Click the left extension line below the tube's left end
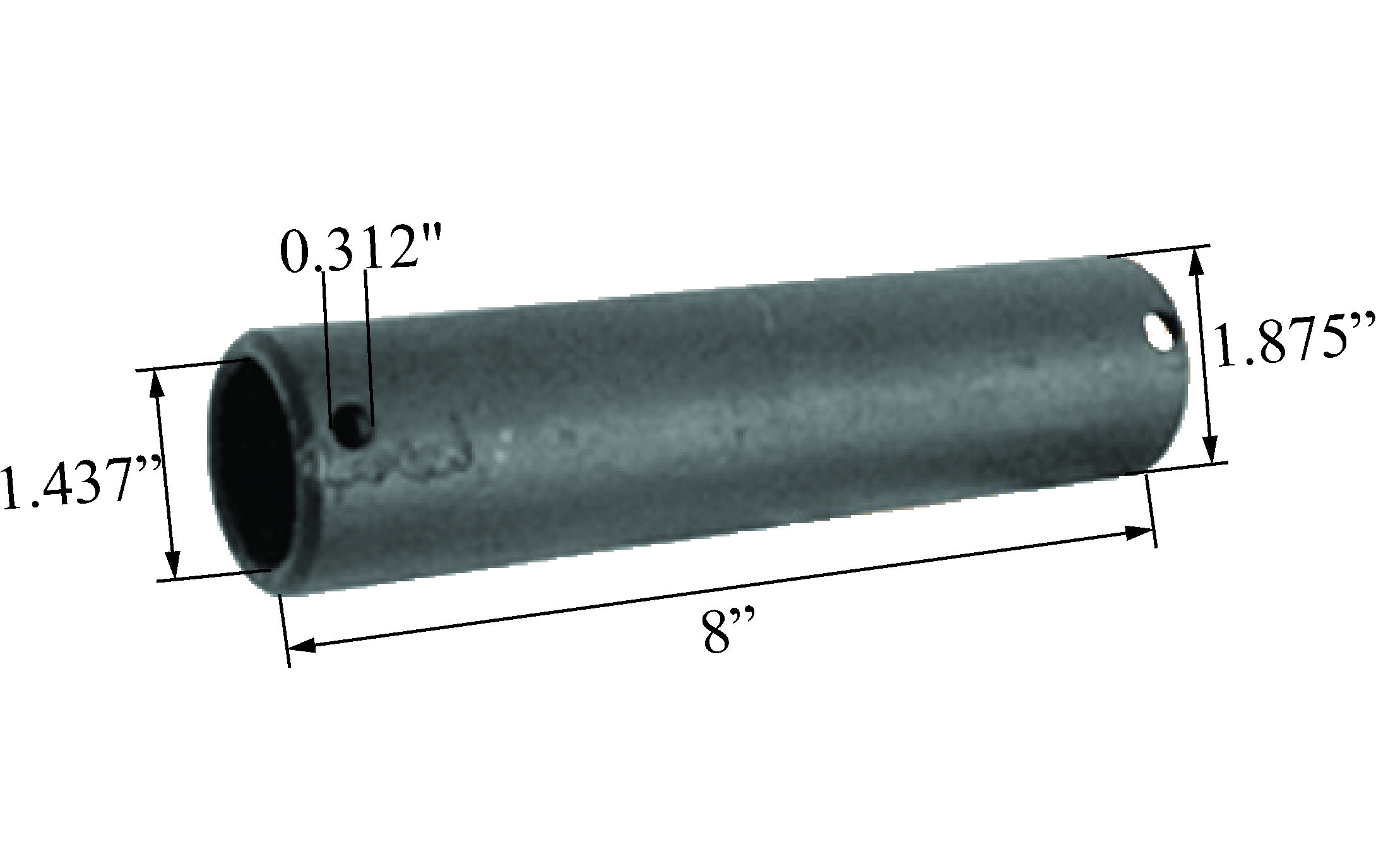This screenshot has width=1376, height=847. (284, 631)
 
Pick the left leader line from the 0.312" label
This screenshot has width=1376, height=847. (326, 347)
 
